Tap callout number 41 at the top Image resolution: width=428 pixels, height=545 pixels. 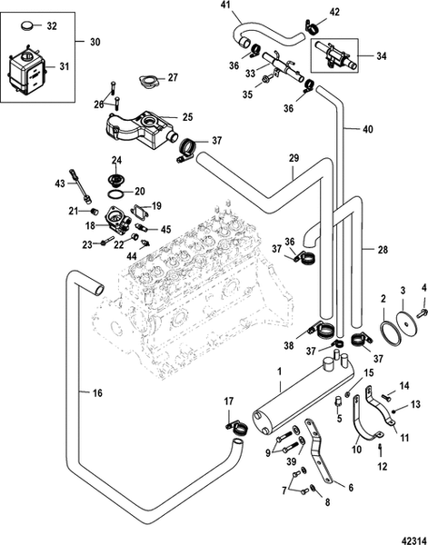226,6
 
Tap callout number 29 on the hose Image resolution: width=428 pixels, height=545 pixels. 293,158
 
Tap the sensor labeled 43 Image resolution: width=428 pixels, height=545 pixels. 85,191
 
